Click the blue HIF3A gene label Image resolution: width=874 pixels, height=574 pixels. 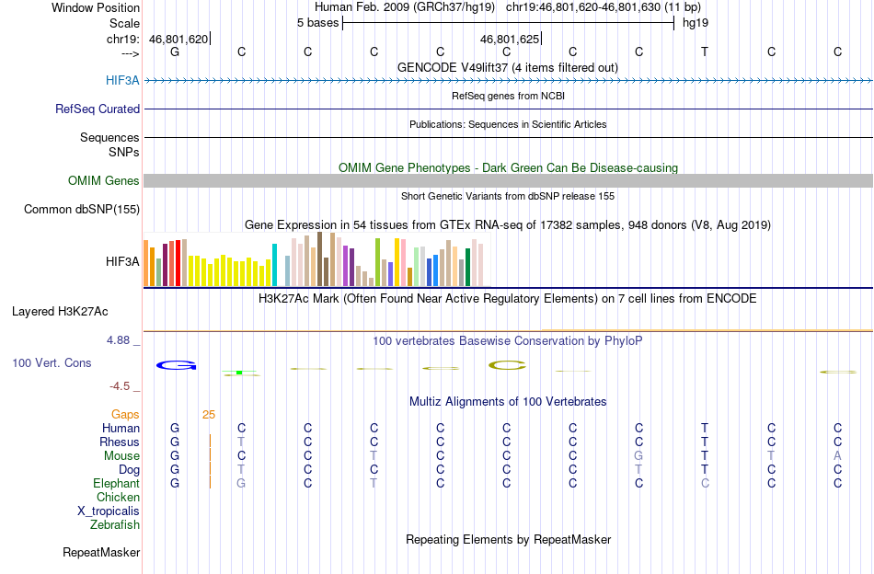[122, 81]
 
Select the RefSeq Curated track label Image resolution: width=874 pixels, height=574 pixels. [98, 109]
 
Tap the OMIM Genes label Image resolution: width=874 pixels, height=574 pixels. [104, 180]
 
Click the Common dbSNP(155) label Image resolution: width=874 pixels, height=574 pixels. [82, 209]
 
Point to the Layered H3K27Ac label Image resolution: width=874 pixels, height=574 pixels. [60, 312]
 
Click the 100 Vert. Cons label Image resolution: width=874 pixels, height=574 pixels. [52, 362]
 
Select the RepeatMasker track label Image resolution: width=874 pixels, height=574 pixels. [101, 552]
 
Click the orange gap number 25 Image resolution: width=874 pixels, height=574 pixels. [209, 414]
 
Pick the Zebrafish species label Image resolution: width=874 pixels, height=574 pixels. [115, 524]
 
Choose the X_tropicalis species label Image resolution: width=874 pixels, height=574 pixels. [109, 511]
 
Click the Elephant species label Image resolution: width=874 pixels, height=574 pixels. [117, 483]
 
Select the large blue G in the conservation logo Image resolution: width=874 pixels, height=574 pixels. [176, 365]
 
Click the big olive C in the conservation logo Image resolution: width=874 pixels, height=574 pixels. [507, 365]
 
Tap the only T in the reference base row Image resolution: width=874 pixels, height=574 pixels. [705, 52]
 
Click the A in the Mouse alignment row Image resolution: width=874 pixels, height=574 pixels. [837, 456]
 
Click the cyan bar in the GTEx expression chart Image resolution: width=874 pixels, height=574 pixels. [274, 265]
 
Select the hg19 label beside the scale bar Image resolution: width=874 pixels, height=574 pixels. [696, 23]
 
